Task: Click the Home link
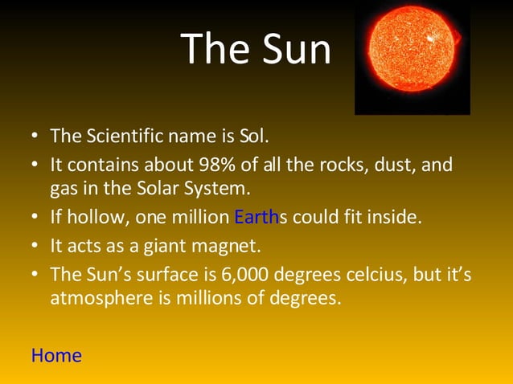[x=56, y=355]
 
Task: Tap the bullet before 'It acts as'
[x=36, y=244]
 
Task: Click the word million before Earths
[x=199, y=217]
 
